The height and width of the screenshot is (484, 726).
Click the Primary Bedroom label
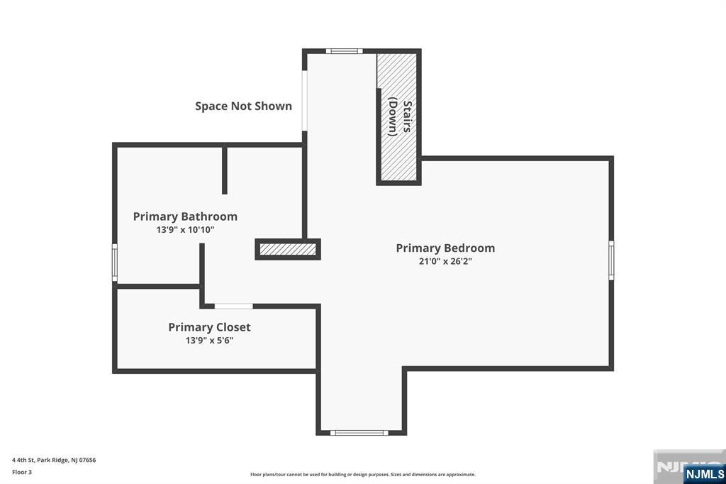pos(445,248)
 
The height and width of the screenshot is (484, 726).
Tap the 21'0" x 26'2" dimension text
pos(445,261)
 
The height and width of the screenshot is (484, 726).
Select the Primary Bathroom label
pos(185,216)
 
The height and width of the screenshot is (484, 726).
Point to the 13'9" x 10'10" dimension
pos(185,230)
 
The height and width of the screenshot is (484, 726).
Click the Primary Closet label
pos(209,327)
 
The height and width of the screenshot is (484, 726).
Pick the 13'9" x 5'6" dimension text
pos(209,341)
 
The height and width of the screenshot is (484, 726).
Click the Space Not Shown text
pos(243,106)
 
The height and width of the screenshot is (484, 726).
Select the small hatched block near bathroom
pos(288,249)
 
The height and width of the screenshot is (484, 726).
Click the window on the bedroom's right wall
pos(611,260)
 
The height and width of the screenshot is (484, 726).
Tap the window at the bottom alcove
pos(359,432)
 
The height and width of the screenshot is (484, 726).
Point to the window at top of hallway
pos(344,51)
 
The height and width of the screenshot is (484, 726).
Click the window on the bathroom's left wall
pos(115,263)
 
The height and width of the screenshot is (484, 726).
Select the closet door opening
pos(233,306)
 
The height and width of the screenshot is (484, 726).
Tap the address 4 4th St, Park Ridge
pos(54,460)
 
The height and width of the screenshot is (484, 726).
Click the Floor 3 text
pos(22,472)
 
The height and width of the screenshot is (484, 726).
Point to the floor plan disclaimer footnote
pos(362,474)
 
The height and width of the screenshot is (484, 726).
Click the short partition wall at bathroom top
pos(225,170)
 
